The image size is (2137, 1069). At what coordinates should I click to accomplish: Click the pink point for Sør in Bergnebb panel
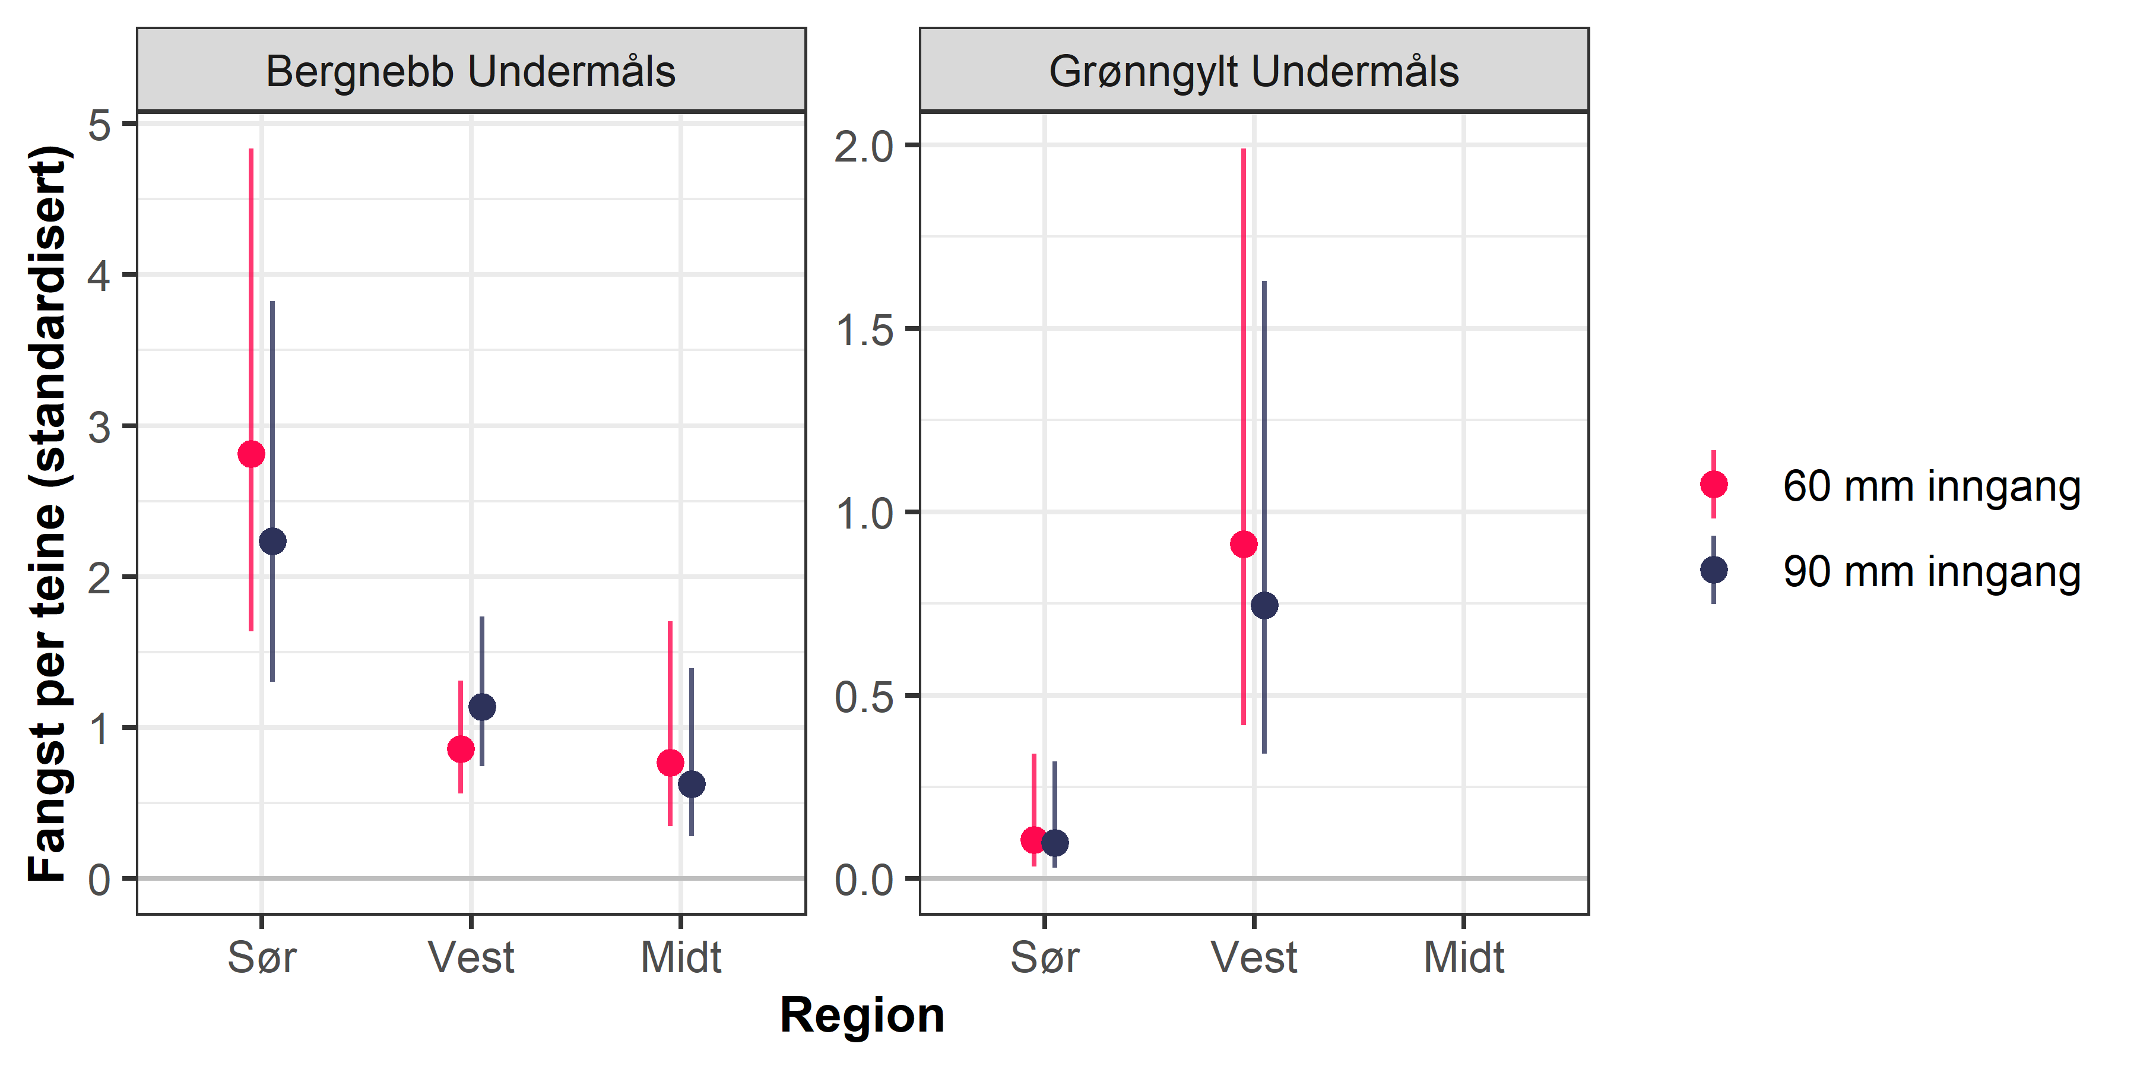click(251, 454)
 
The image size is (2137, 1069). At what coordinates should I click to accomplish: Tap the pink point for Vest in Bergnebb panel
click(461, 749)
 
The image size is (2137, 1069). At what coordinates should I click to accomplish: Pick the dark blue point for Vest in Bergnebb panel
click(482, 707)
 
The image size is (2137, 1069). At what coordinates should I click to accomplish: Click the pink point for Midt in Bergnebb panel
click(670, 762)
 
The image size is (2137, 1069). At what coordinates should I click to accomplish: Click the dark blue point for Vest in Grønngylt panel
click(1264, 605)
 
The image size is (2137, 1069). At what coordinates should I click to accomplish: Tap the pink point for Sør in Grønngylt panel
click(1033, 840)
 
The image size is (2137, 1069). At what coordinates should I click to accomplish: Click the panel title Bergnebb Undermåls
click(470, 71)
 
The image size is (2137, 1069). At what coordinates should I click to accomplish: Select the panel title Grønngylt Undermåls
click(1254, 71)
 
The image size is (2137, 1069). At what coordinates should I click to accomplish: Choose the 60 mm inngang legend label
click(1931, 486)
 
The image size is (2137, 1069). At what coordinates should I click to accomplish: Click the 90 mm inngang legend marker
click(1714, 570)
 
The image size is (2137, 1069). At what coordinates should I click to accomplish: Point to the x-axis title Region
click(862, 1015)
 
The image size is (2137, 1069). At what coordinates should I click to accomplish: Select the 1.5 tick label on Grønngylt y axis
click(864, 330)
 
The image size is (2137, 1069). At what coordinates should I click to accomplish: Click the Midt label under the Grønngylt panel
click(1463, 958)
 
